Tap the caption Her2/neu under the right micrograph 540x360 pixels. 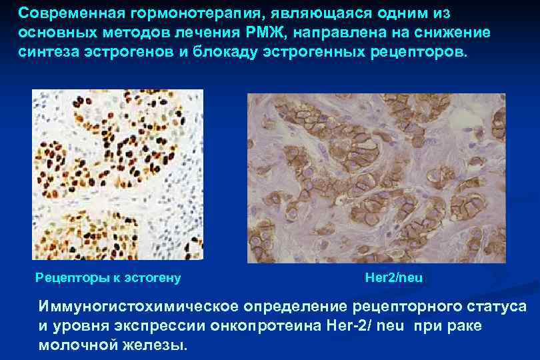tap(394, 277)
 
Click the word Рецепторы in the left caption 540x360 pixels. tap(67, 277)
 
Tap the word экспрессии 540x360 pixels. tap(155, 327)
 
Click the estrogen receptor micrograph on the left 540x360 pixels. tap(118, 175)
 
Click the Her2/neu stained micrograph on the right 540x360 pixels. tap(376, 178)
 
